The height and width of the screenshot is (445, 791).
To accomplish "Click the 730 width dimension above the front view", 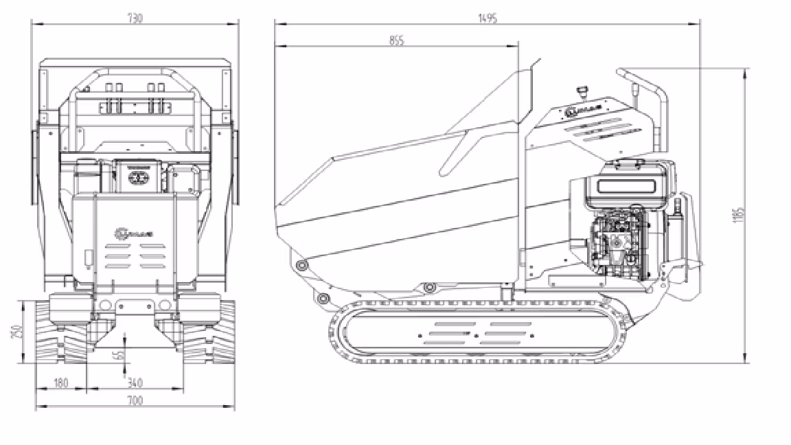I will click(135, 19).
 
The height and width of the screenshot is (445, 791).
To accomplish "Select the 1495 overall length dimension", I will click(488, 17).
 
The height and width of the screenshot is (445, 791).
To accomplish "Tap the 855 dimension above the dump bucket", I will click(396, 41).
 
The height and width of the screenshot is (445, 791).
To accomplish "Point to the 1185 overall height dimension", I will click(738, 214).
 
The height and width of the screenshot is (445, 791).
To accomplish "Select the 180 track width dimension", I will click(60, 383).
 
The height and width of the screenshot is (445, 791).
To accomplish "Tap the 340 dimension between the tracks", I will click(135, 383).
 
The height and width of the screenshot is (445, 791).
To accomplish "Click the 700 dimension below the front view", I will click(135, 401).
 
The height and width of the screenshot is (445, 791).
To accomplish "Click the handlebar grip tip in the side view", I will click(621, 71).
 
